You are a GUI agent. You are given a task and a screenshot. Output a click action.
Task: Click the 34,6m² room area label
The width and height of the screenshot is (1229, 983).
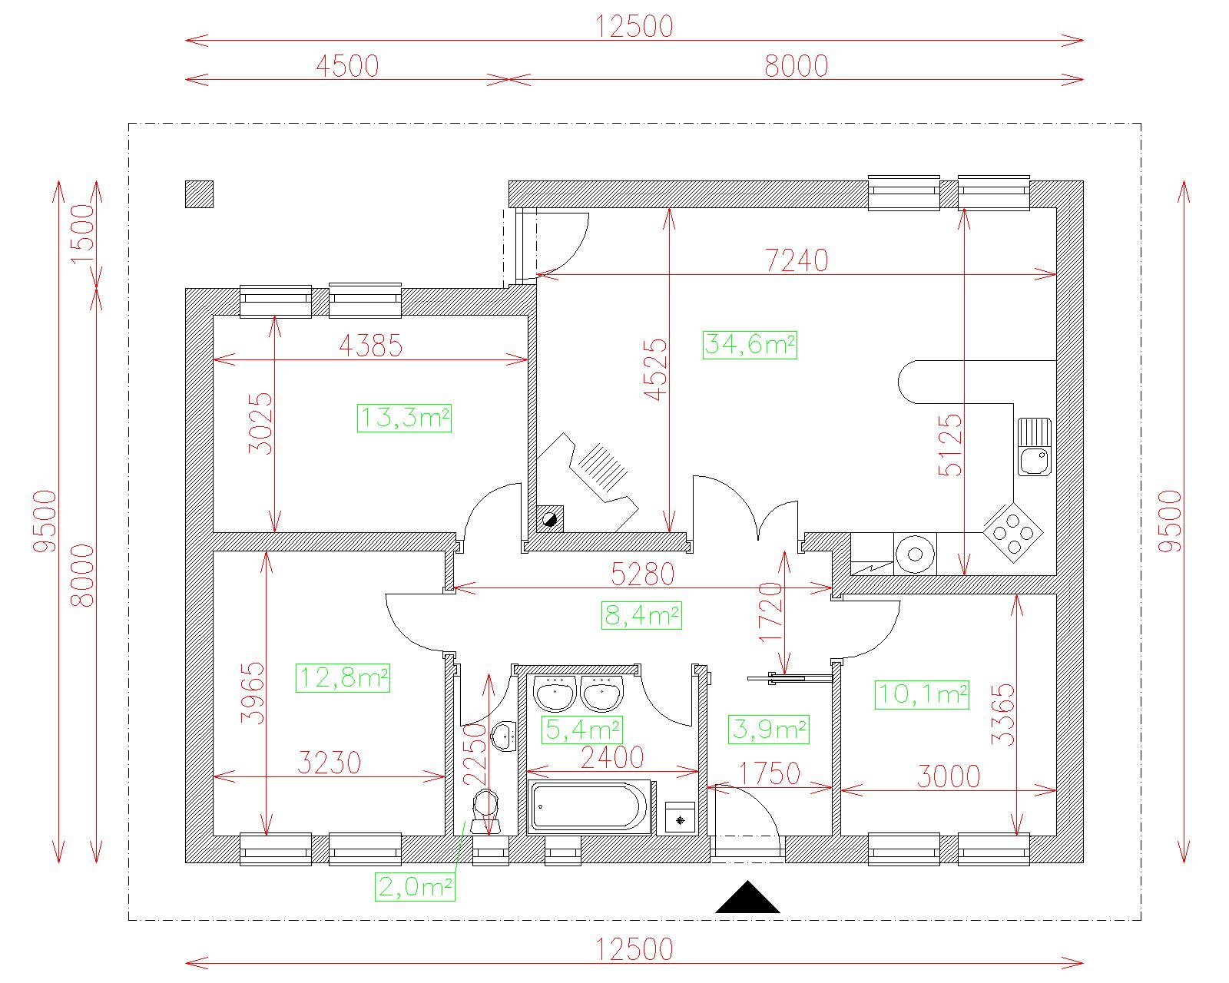click(749, 345)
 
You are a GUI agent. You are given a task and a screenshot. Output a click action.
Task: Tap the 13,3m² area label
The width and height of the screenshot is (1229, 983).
click(404, 418)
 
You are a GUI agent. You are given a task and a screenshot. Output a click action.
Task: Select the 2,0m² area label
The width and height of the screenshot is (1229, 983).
click(415, 887)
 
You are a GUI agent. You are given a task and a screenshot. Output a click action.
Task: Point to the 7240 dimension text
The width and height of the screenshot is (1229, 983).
click(796, 260)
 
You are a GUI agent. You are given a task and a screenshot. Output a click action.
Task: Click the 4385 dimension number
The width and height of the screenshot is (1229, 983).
click(371, 346)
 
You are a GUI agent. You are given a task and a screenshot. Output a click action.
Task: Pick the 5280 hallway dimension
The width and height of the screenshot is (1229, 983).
click(642, 574)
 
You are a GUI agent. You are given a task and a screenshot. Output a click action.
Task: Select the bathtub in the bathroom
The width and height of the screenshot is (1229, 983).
click(589, 806)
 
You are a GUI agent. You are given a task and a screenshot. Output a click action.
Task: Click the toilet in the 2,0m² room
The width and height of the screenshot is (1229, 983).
click(486, 811)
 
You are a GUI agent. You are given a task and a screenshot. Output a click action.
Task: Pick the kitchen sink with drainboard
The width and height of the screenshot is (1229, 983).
click(1034, 447)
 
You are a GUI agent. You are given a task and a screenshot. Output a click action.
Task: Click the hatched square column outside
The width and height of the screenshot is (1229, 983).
click(199, 194)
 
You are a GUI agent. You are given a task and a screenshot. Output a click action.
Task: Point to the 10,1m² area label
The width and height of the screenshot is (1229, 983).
click(922, 695)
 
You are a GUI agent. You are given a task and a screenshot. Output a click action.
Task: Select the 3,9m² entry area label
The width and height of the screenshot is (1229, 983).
click(769, 730)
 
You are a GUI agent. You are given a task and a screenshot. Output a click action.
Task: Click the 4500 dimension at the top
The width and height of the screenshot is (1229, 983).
click(347, 66)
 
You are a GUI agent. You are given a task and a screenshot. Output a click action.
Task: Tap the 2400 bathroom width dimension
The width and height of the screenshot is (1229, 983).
click(612, 758)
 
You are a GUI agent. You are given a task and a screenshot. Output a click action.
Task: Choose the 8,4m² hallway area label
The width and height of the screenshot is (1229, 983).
click(641, 615)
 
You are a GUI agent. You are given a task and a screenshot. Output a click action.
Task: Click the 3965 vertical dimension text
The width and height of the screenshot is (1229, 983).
click(253, 693)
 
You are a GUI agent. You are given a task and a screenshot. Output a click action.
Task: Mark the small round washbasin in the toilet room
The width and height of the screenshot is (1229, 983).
click(505, 736)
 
